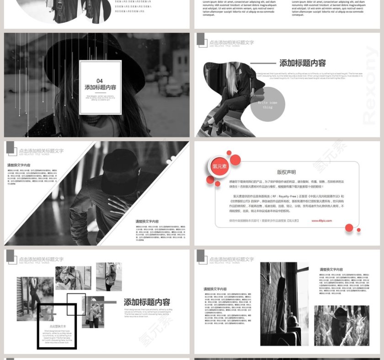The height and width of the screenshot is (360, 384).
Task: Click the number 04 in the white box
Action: tap(100, 81)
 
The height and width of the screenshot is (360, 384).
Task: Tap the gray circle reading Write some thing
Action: tap(268, 105)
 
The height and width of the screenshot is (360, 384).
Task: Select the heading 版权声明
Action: tap(286, 172)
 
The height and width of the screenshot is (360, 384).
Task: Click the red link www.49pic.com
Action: tap(322, 220)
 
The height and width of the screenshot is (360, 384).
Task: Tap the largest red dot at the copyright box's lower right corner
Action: tap(349, 228)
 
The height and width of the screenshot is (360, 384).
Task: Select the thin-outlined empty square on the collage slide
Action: tap(76, 304)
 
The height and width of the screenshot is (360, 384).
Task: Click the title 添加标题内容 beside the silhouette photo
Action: tap(302, 64)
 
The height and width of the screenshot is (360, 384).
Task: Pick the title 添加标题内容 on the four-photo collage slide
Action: tap(147, 302)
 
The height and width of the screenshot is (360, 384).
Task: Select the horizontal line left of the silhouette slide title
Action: tap(263, 64)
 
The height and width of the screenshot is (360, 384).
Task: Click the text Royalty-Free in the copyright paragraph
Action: tap(296, 196)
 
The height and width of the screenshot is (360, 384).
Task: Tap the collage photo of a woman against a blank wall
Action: tap(109, 276)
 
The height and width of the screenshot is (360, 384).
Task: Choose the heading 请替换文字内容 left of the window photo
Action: tap(215, 289)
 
